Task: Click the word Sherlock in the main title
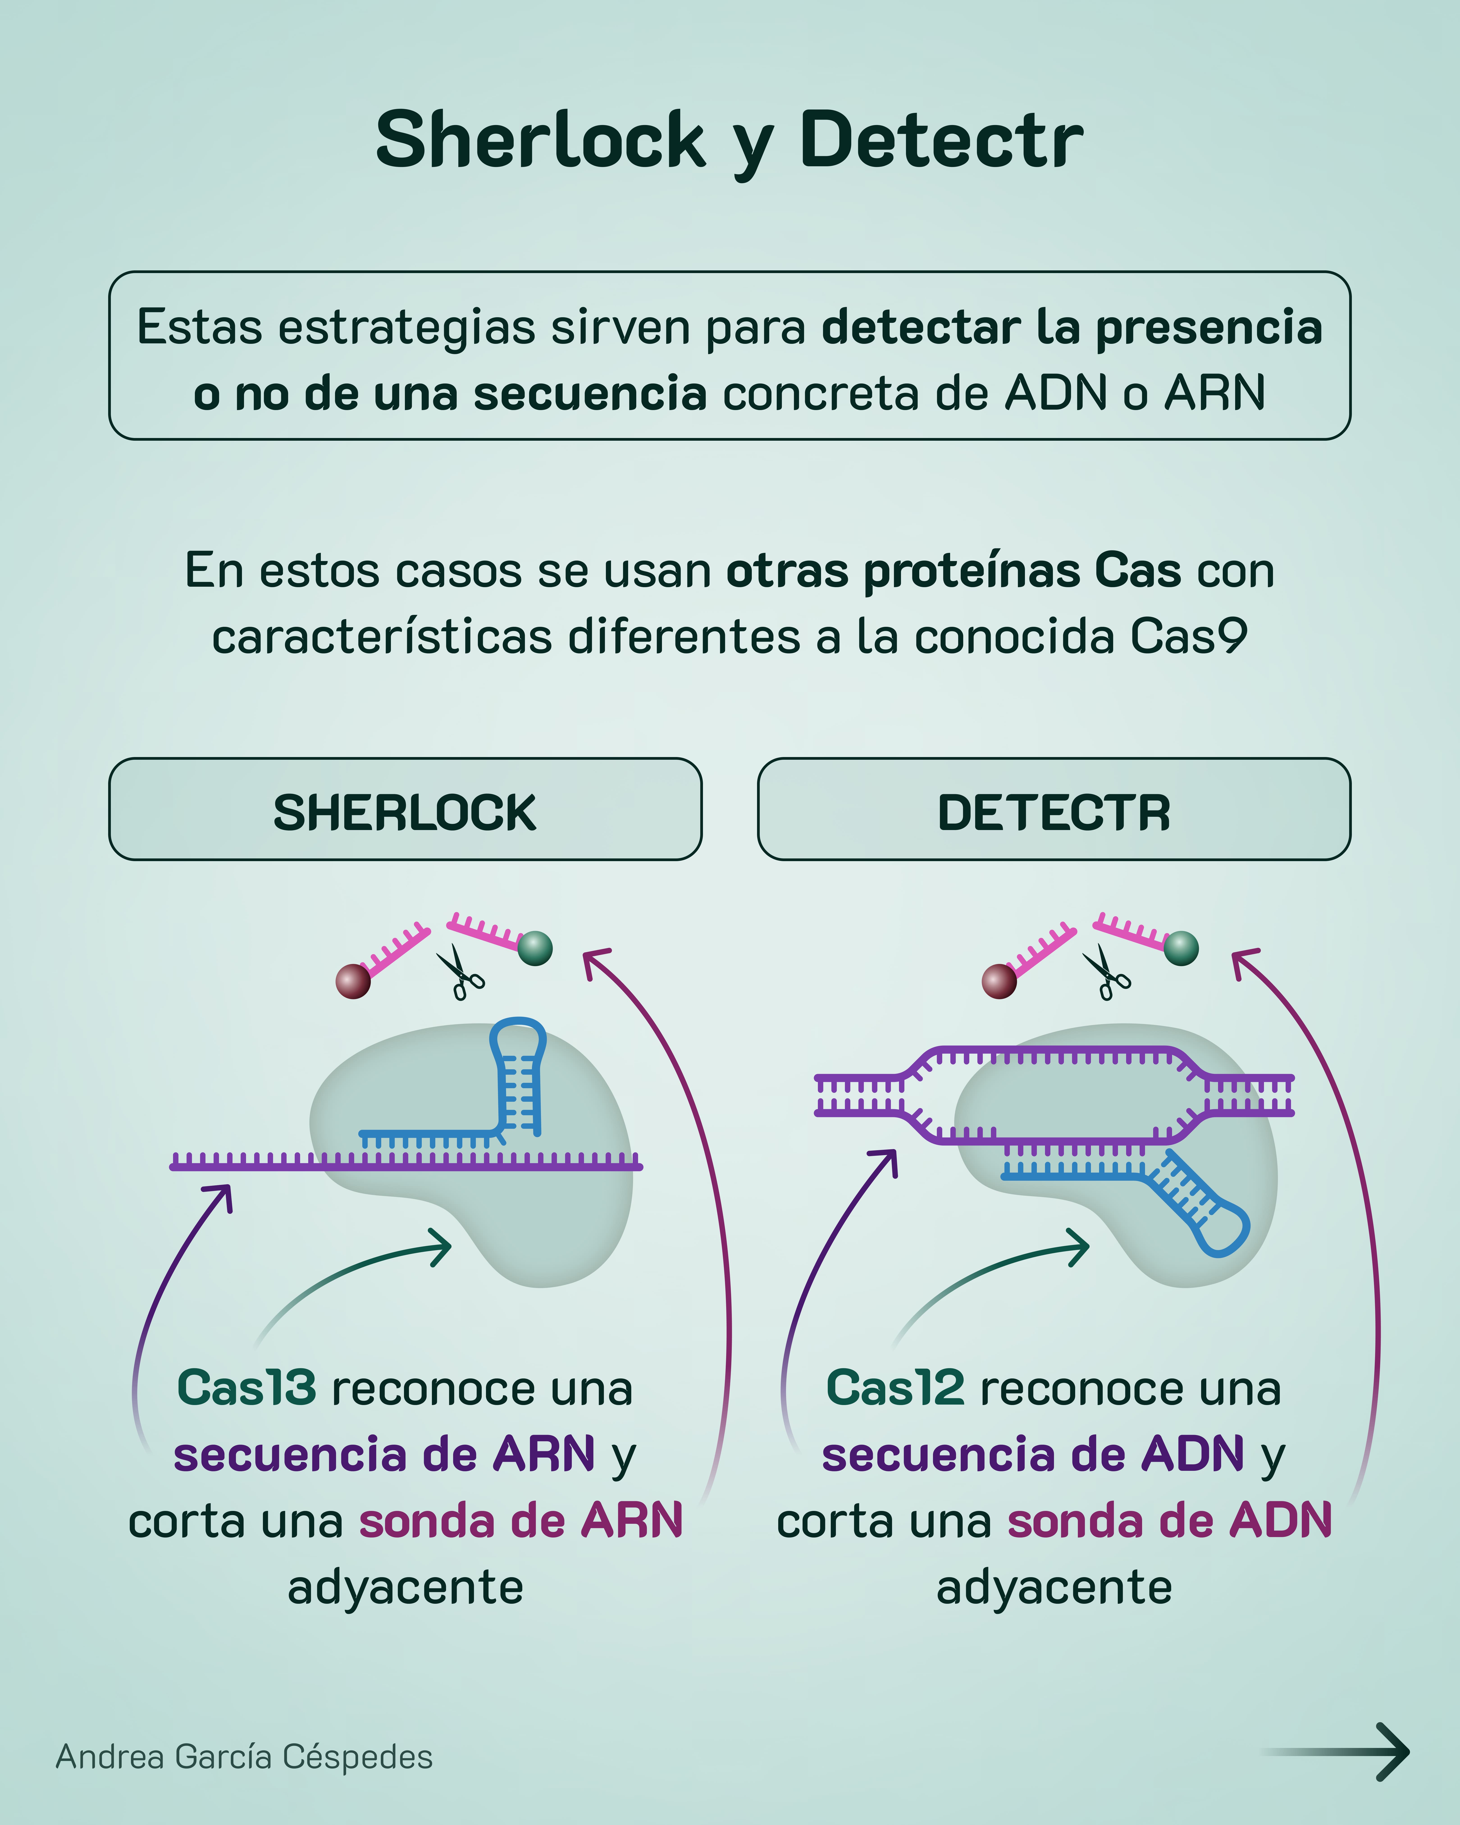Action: [540, 140]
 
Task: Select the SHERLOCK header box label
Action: [405, 813]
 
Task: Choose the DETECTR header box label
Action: [1054, 813]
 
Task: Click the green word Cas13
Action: [246, 1388]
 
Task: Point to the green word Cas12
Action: [895, 1388]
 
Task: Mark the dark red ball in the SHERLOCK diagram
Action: [353, 981]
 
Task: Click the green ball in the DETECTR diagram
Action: [1181, 948]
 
